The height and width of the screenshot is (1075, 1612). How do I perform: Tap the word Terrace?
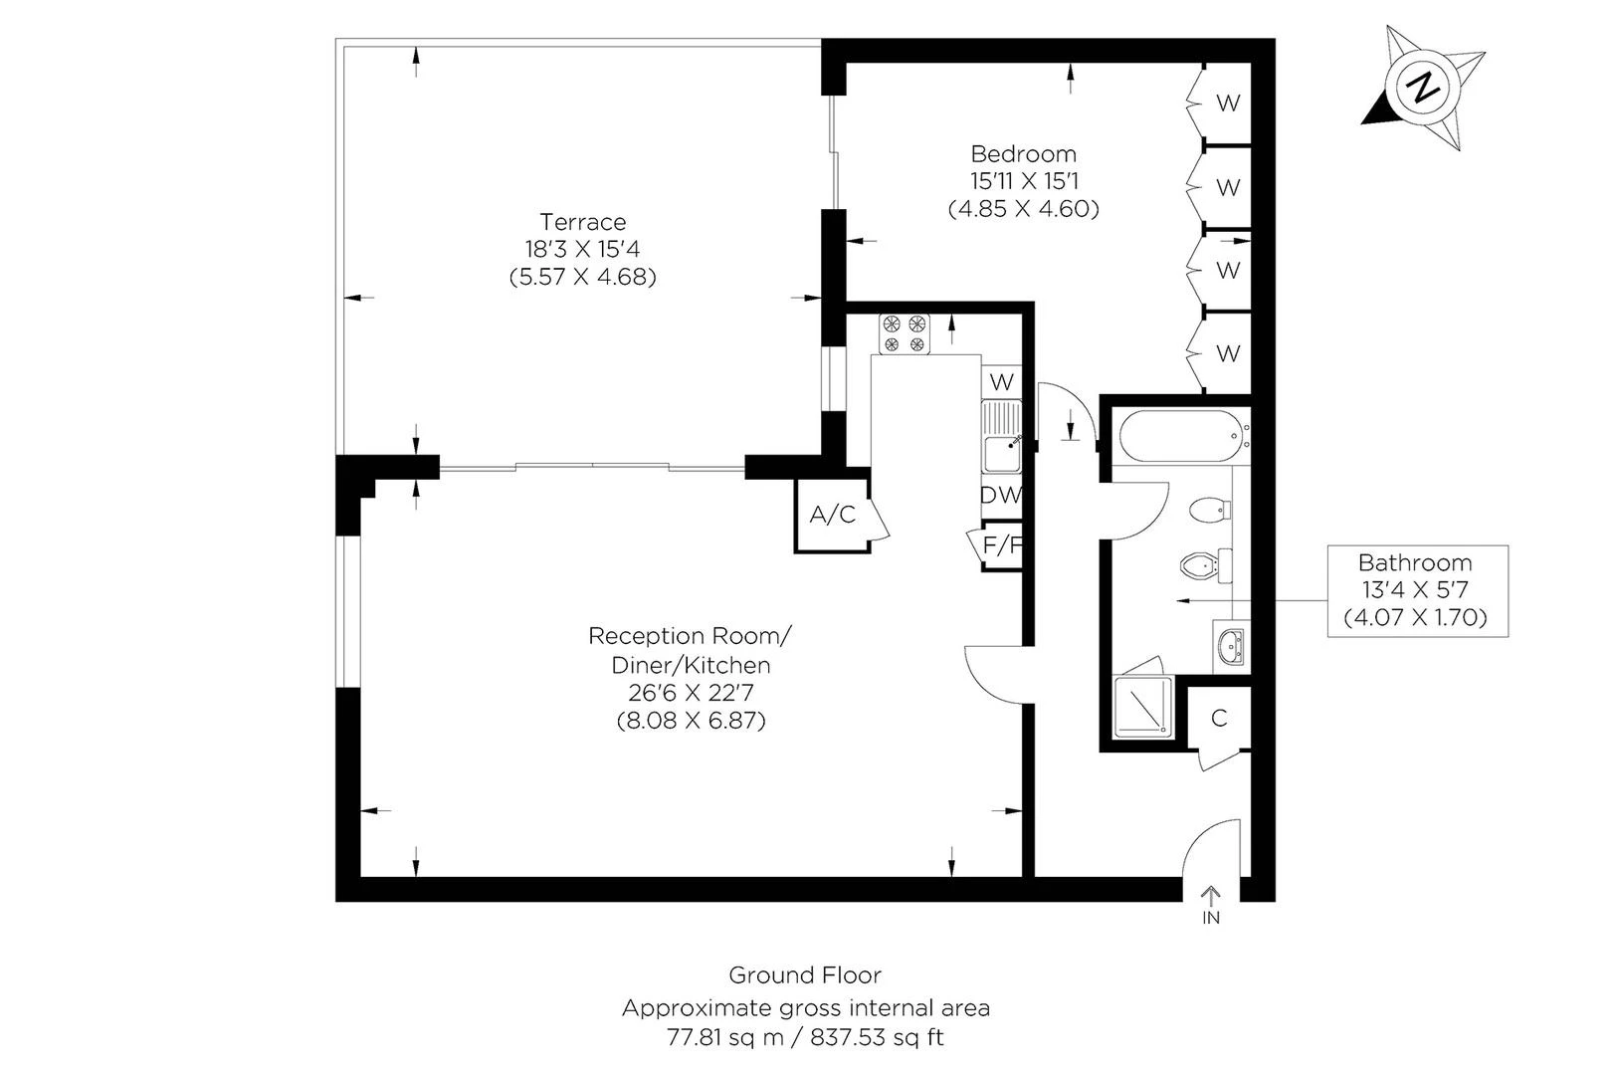click(582, 222)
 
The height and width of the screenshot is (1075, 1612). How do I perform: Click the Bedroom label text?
click(1023, 154)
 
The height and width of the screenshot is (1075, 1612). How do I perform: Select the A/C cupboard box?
click(832, 515)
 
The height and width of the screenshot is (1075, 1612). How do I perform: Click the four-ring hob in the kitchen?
click(904, 334)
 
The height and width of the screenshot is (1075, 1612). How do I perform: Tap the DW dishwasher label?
click(1000, 495)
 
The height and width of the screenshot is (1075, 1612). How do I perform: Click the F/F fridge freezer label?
click(1002, 544)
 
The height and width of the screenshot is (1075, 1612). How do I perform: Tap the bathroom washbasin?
click(1232, 646)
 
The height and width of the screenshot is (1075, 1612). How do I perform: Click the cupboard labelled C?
click(1220, 718)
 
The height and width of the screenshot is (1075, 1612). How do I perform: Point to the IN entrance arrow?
click(1211, 904)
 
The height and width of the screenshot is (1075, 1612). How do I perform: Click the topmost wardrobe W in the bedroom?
click(1229, 103)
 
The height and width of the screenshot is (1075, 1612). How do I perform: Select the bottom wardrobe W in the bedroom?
click(1229, 353)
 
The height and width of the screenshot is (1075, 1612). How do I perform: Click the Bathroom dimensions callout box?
click(1416, 590)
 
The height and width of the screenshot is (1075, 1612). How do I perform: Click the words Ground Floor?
click(805, 974)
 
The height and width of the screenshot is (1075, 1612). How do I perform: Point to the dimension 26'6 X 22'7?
click(691, 692)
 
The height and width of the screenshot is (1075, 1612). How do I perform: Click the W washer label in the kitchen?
click(1002, 381)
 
